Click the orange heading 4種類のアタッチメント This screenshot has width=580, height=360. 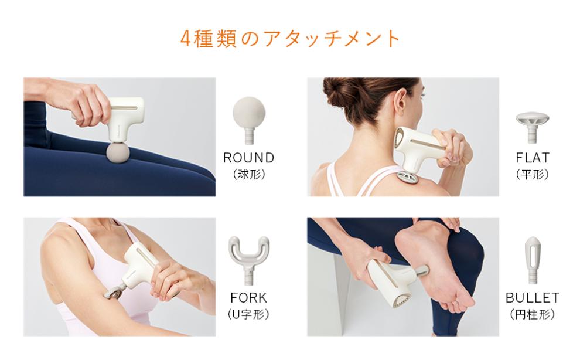290,39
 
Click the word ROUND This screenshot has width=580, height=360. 248,158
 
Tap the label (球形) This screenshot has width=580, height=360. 248,175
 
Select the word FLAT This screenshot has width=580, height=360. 533,158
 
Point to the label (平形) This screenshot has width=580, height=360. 533,175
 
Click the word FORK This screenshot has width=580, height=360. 248,297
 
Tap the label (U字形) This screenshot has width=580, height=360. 248,315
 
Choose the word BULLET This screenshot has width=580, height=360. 533,297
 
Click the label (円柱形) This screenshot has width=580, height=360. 533,315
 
